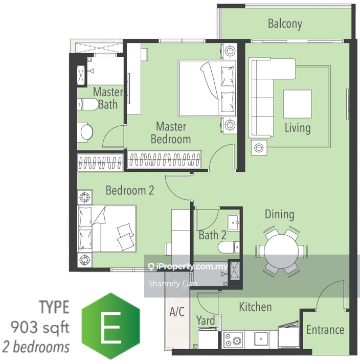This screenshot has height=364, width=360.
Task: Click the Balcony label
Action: (285, 24)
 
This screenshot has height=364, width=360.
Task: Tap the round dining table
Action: (281, 252)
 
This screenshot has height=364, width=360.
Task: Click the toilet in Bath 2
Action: (229, 247)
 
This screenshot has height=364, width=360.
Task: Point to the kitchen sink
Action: (261, 339)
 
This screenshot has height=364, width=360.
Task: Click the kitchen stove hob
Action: (233, 339)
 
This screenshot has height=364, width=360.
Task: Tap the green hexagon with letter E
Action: (111, 326)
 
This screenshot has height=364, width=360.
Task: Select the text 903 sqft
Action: (40, 327)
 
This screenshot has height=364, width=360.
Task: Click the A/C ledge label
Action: (177, 311)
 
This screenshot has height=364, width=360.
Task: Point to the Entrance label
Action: (325, 330)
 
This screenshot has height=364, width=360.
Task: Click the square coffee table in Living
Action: (298, 104)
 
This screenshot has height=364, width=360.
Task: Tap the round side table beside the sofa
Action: (259, 148)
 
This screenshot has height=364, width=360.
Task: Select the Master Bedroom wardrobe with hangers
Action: (164, 160)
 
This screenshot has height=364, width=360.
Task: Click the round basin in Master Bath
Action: (87, 132)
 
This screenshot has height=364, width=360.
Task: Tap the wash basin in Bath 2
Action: (233, 222)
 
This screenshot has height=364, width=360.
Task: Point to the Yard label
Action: (206, 321)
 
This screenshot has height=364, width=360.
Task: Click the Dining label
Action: (280, 214)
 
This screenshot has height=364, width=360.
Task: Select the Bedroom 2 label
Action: (130, 190)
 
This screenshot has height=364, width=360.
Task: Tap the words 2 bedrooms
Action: (36, 347)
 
